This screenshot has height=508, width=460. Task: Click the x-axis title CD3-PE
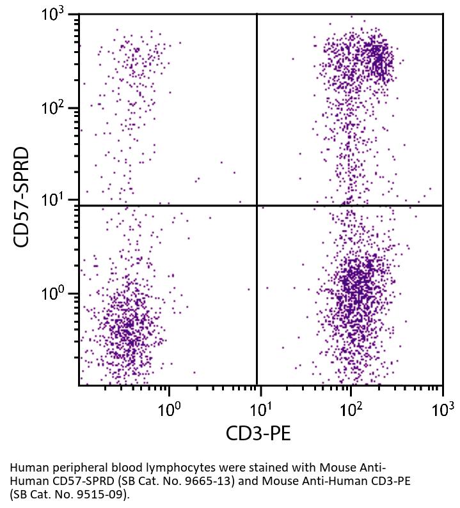pos(258,434)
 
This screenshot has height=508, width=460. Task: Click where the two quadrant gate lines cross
pos(257,206)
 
